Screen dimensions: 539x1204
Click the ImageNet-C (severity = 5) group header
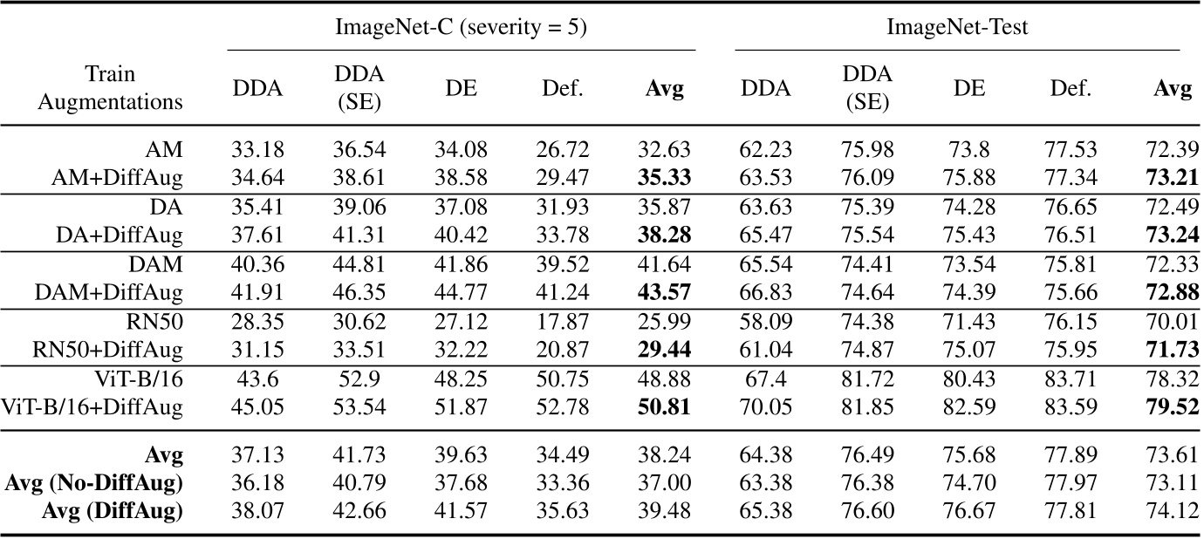[461, 28]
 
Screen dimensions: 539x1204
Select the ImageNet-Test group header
[957, 28]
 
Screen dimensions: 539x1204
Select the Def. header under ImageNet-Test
[1071, 88]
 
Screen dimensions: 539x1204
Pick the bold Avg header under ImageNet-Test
[1172, 88]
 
